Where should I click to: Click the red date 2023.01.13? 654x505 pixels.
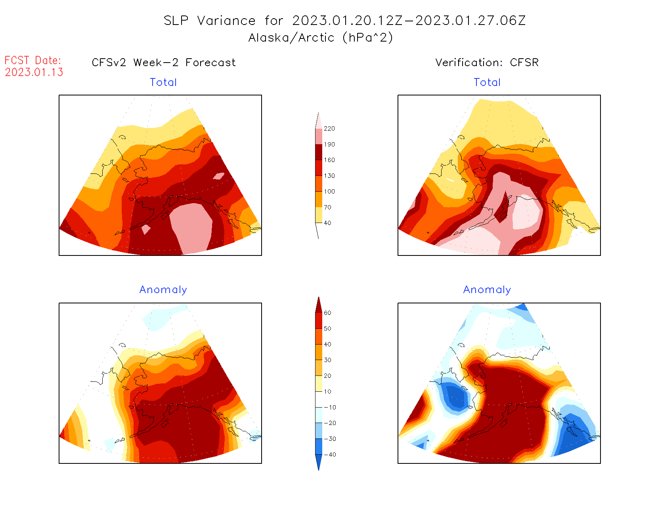34,72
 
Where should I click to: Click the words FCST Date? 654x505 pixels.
33,60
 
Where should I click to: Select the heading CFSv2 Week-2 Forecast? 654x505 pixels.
164,63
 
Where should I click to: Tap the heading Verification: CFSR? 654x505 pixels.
487,63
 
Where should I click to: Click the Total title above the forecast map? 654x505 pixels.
163,82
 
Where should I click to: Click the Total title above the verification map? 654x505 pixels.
487,82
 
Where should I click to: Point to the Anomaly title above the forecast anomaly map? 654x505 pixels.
163,290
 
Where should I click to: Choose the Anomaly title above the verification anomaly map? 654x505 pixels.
487,290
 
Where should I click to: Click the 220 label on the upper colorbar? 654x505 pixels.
329,129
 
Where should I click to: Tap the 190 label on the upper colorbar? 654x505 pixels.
329,145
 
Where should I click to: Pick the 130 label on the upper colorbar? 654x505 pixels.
329,176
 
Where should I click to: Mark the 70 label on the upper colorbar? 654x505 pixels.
327,207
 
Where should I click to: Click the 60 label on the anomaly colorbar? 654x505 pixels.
327,313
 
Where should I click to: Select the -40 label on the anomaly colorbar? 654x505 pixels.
330,455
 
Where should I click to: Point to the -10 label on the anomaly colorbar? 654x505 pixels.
330,407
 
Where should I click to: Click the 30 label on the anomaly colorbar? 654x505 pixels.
327,360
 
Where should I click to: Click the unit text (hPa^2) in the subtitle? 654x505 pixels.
368,38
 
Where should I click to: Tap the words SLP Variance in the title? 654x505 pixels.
210,21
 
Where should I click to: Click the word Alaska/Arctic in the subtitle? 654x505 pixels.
291,38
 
